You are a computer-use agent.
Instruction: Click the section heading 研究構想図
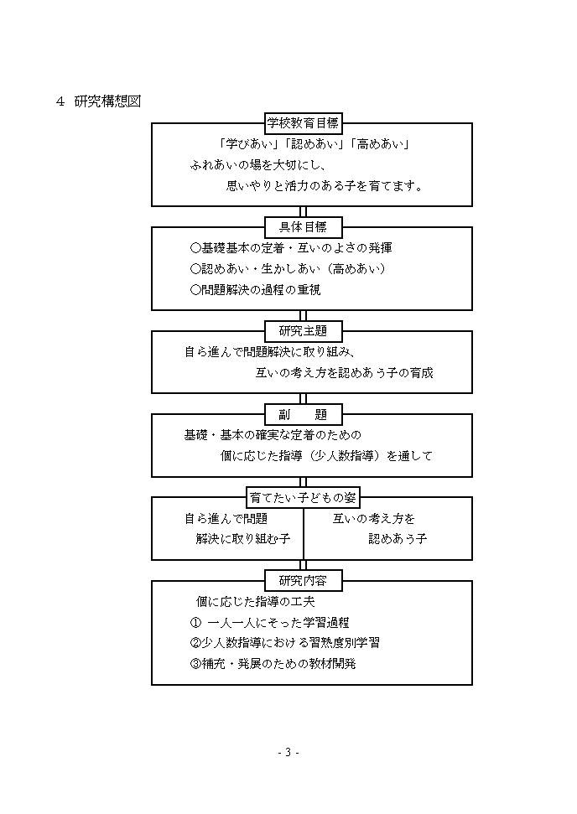107,101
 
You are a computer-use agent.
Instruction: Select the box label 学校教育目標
304,123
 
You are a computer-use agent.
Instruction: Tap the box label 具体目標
304,227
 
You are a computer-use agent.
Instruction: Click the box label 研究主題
304,330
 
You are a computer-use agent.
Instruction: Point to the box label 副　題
304,414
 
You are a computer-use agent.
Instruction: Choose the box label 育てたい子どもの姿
304,497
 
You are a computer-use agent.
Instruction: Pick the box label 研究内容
304,580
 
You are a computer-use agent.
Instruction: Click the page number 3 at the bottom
288,752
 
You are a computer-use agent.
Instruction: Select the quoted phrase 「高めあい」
381,144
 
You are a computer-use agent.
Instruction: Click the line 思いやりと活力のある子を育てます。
325,186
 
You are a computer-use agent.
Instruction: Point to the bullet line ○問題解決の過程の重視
256,290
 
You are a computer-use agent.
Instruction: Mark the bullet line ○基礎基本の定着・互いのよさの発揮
291,248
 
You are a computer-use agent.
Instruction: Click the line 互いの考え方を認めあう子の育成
344,373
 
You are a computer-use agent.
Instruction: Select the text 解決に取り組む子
243,539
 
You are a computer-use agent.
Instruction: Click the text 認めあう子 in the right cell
398,539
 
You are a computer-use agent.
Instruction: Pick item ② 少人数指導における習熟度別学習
284,643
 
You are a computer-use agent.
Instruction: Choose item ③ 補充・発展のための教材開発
273,663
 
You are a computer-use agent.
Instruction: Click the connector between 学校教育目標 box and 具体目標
304,212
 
